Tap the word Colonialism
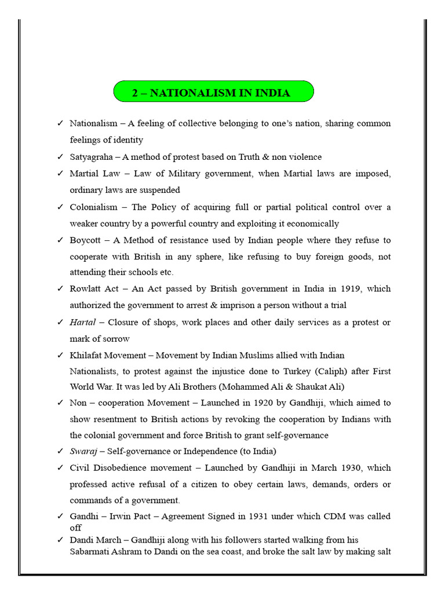(x=93, y=207)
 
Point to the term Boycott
(x=86, y=240)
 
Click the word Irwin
(x=116, y=516)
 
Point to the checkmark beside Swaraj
(x=60, y=451)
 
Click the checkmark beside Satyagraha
(x=60, y=157)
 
